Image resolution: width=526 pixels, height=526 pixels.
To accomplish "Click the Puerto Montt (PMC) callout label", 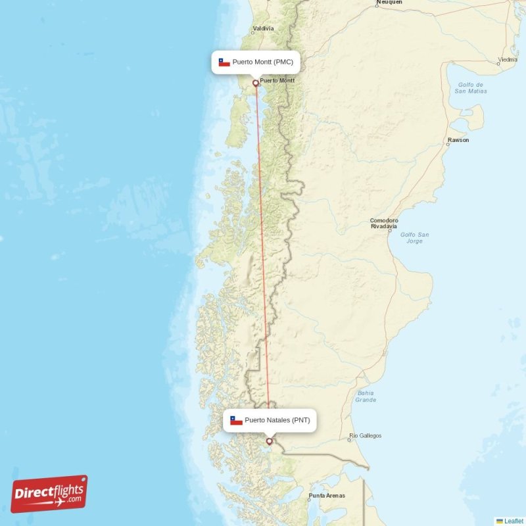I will [x=256, y=62].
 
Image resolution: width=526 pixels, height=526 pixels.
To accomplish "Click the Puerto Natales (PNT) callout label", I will [x=270, y=420].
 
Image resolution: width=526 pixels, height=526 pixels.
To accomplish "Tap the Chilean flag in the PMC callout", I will [x=224, y=62].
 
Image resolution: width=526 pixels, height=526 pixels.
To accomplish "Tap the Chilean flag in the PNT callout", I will [x=236, y=420].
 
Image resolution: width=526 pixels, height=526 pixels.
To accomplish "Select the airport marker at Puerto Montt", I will [x=256, y=84].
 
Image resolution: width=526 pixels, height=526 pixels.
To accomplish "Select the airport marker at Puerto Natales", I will [x=269, y=441].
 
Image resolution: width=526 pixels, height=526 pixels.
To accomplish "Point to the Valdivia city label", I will [x=264, y=29].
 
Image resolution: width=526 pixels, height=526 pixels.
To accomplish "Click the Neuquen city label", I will [x=389, y=3].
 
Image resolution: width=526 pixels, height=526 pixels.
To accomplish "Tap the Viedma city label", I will [x=508, y=59].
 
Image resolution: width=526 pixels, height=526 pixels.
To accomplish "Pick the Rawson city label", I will [x=458, y=140].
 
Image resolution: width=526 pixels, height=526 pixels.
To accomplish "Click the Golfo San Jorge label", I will [x=415, y=237].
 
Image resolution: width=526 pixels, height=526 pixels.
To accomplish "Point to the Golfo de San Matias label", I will [x=470, y=87].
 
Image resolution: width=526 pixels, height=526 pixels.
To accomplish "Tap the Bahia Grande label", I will [x=366, y=396].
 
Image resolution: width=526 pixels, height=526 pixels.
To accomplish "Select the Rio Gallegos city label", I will [x=366, y=435].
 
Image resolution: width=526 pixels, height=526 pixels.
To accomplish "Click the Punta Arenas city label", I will [x=327, y=495].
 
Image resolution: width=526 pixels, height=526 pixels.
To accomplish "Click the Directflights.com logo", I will [x=49, y=494].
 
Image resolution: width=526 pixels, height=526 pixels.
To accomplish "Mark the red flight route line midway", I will [x=262, y=262].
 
